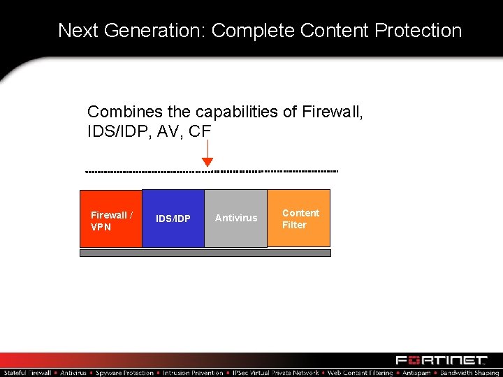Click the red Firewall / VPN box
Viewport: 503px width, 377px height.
click(x=110, y=219)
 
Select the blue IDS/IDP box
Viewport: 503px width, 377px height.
click(x=173, y=219)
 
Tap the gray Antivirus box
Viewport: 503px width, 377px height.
click(x=235, y=219)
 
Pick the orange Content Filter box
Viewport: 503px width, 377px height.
click(x=299, y=218)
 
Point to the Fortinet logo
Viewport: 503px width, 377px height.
click(x=441, y=360)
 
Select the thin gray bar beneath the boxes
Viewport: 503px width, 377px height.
click(x=205, y=253)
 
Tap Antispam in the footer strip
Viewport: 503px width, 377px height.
click(x=416, y=373)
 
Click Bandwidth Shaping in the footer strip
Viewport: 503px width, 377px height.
click(x=469, y=373)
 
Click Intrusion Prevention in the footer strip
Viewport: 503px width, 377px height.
click(x=194, y=373)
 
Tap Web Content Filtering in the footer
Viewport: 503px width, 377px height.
click(x=360, y=373)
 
